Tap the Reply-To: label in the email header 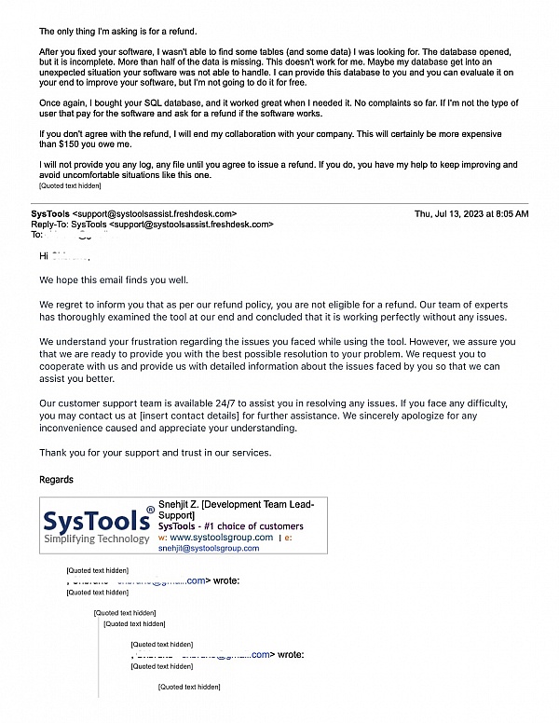50,225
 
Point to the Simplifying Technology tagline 97,539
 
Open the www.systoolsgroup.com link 221,538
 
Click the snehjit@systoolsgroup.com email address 209,549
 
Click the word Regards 56,480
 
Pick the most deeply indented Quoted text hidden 189,687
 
